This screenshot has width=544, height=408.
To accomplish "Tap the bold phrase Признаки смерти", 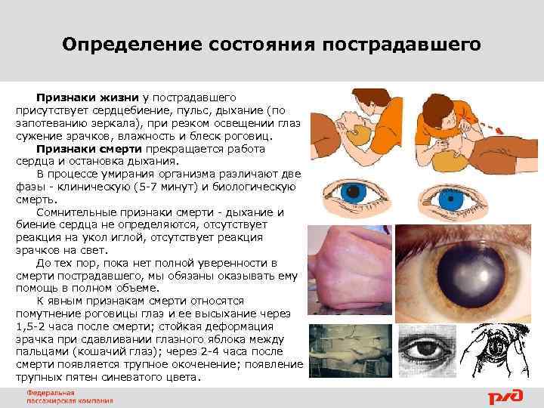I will click(x=91, y=149).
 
